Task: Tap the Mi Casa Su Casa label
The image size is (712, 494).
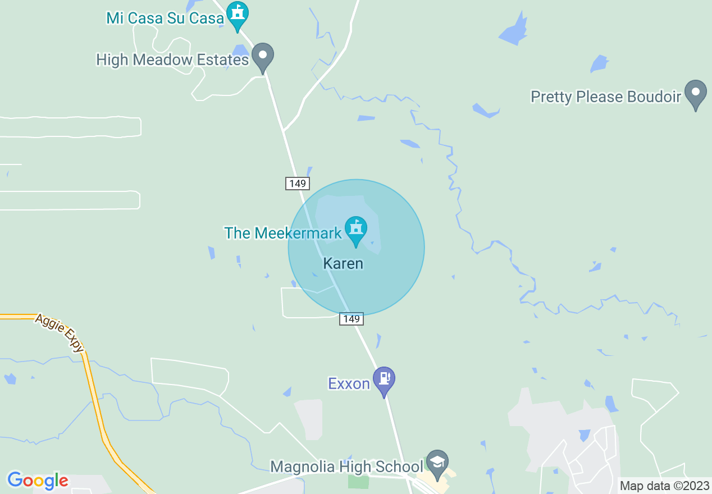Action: point(165,18)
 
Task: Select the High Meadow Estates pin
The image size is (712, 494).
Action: point(262,56)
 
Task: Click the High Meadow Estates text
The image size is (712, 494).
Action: point(172,60)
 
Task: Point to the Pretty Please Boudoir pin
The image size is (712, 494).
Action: point(696,93)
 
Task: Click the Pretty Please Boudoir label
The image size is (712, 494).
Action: point(606,97)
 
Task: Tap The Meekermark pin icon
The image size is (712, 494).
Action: point(356,230)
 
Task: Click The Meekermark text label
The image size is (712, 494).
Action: point(283,233)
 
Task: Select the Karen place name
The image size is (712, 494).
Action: point(343,263)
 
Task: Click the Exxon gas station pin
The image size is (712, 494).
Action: point(384,379)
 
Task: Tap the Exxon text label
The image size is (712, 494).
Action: point(349,384)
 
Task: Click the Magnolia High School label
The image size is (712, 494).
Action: point(346,466)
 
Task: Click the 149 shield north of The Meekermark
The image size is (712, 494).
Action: point(297,183)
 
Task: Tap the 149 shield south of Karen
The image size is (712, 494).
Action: point(351,319)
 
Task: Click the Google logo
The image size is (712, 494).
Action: point(38,481)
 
